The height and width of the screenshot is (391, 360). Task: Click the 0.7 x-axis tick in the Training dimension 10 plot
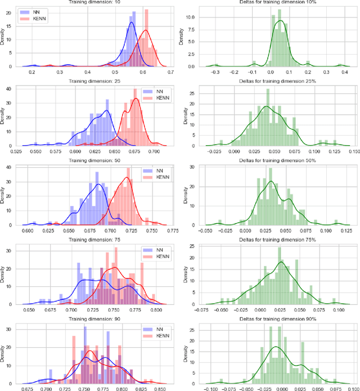coord(170,72)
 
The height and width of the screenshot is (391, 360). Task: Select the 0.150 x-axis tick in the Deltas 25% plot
coord(354,151)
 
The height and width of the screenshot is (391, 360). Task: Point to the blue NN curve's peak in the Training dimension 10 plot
coord(132,22)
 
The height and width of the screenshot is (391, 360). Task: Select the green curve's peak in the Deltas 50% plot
coord(271,182)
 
